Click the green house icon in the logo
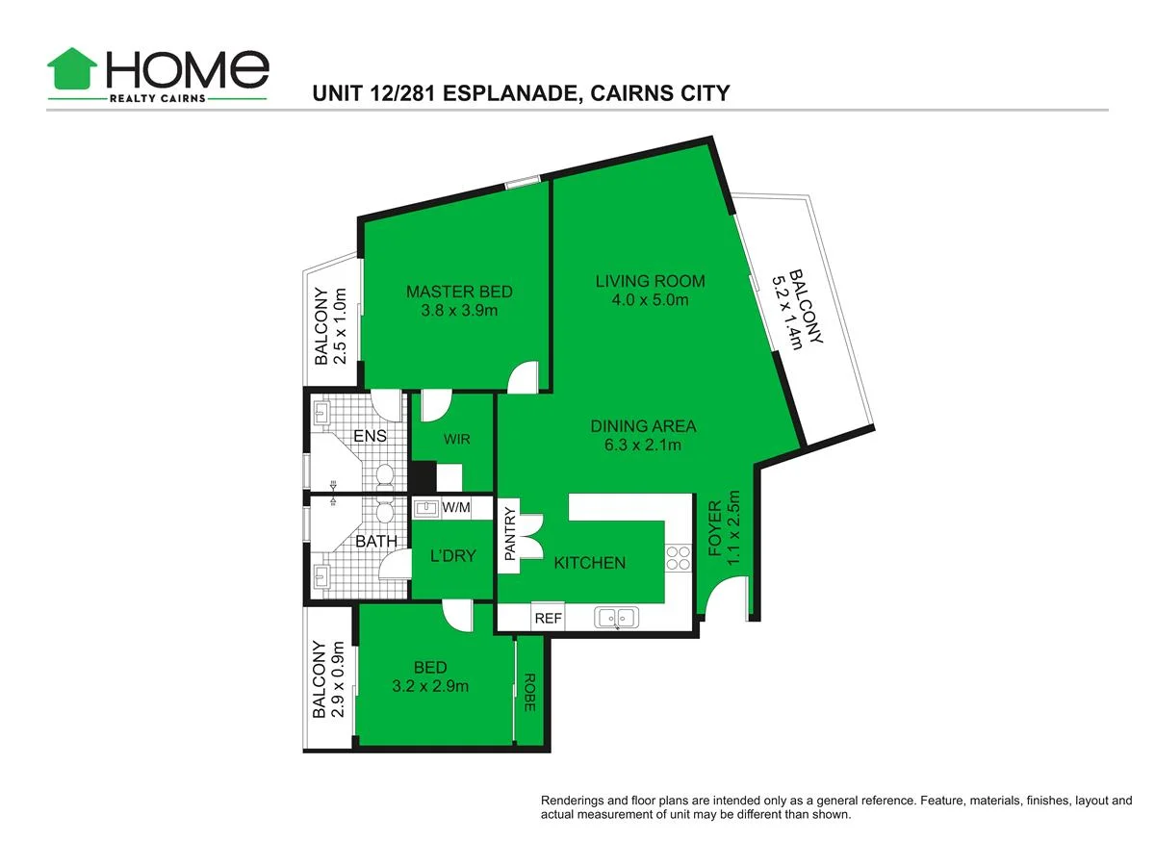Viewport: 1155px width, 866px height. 72,70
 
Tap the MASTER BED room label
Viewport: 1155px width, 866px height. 459,292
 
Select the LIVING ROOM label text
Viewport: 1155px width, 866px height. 650,281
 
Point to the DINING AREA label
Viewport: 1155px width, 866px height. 643,426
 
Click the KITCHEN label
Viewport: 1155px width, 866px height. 590,563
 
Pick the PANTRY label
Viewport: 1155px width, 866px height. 510,535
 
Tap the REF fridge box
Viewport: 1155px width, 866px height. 548,619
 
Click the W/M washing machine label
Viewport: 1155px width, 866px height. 455,507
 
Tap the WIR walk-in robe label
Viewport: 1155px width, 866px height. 456,439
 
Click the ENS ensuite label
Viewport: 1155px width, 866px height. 369,436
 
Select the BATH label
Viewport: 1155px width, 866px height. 375,542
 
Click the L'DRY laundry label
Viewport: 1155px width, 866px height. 452,556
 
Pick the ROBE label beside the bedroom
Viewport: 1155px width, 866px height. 529,692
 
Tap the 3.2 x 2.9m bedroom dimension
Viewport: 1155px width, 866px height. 430,686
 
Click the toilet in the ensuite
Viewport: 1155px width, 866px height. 385,474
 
